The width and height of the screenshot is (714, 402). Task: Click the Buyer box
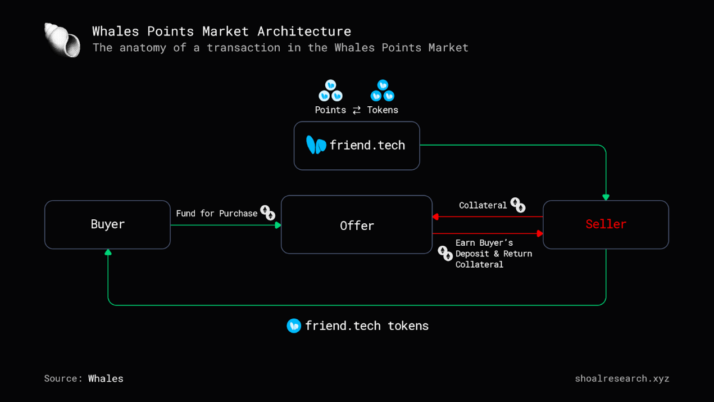tap(107, 224)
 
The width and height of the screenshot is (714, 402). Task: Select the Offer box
tap(357, 225)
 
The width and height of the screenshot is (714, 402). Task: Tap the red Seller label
tap(606, 224)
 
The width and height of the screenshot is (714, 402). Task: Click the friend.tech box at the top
tap(357, 146)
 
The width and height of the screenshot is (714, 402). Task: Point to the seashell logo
tap(62, 40)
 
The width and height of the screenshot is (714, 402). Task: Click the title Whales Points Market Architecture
tap(221, 31)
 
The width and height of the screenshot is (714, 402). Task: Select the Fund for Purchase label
tap(216, 214)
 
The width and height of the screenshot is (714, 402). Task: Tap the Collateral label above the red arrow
tap(483, 205)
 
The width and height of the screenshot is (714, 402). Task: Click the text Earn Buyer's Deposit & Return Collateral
tap(493, 254)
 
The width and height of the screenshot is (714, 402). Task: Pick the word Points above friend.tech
tap(330, 110)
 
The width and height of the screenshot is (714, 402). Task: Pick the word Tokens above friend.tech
tap(383, 110)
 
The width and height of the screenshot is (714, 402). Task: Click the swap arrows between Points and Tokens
tap(357, 110)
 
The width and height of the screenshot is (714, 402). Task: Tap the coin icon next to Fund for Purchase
tap(268, 213)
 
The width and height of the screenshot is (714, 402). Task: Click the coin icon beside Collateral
tap(518, 205)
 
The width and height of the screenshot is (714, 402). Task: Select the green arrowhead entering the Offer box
tap(278, 225)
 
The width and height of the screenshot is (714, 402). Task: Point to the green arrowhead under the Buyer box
tap(108, 252)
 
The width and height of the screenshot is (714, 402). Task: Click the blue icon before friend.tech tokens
tap(294, 326)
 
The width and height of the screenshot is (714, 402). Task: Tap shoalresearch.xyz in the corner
tap(622, 378)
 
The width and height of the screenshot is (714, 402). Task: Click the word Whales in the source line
tap(106, 378)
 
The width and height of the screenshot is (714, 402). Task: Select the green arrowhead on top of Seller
tap(606, 197)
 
